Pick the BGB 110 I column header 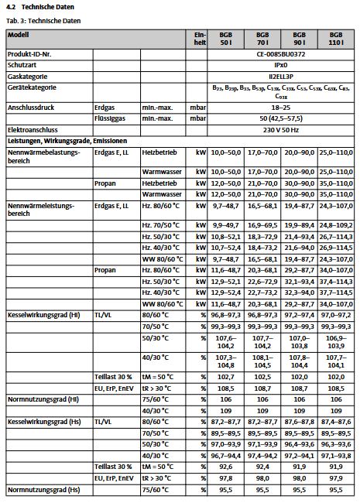(335, 40)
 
